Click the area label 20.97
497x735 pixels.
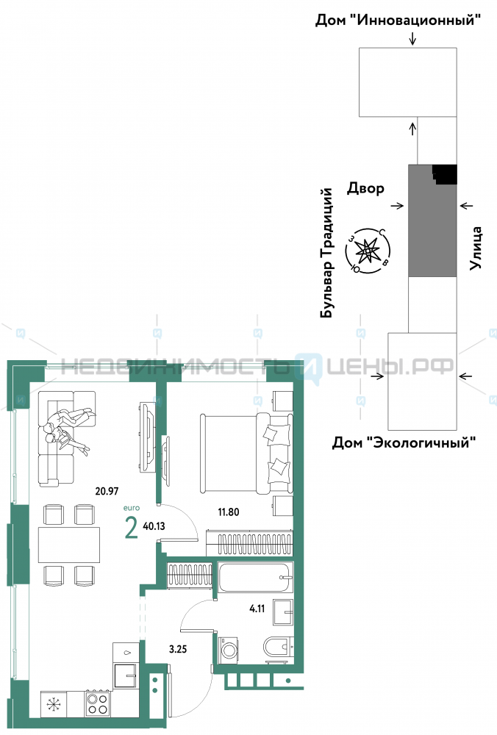pyautogui.click(x=107, y=491)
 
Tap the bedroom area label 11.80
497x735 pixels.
pyautogui.click(x=229, y=512)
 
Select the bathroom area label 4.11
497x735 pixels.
pyautogui.click(x=257, y=609)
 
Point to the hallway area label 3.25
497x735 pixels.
pyautogui.click(x=178, y=649)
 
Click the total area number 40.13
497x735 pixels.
pyautogui.click(x=154, y=526)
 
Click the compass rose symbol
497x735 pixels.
pyautogui.click(x=368, y=251)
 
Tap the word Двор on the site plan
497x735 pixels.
pyautogui.click(x=365, y=188)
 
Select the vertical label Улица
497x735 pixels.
pyautogui.click(x=476, y=248)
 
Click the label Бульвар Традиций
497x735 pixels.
pyautogui.click(x=327, y=253)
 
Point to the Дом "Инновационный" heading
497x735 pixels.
pyautogui.click(x=398, y=20)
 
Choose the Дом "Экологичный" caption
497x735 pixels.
pyautogui.click(x=404, y=442)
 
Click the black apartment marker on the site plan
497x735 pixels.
pyautogui.click(x=445, y=174)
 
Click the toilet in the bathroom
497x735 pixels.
pyautogui.click(x=278, y=648)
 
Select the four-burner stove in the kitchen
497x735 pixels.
pyautogui.click(x=98, y=703)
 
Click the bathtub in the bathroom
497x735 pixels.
pyautogui.click(x=256, y=577)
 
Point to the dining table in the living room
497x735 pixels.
pyautogui.click(x=69, y=545)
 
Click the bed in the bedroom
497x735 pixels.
pyautogui.click(x=246, y=453)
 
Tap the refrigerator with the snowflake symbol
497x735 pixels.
pyautogui.click(x=54, y=704)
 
